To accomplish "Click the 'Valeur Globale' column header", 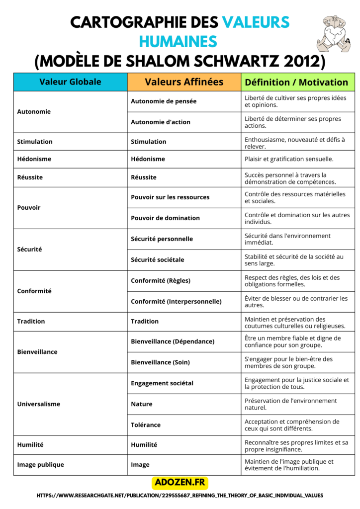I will (70, 82).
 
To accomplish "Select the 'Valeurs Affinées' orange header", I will (184, 82).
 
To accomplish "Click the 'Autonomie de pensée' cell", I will (164, 101).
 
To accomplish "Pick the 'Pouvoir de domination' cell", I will (165, 218).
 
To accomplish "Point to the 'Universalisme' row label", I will (39, 404).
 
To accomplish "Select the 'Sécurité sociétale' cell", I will (157, 260).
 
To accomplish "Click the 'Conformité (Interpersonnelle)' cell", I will (176, 302).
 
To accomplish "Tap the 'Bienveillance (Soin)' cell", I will (160, 362).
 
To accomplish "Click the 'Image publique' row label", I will (40, 465).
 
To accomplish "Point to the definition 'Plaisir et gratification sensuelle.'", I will (289, 159).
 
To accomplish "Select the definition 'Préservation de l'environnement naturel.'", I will (290, 404).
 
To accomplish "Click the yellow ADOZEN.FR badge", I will (180, 482).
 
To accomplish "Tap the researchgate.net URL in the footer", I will (180, 496).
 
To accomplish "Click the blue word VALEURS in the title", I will (256, 22).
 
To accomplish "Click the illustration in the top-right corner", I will (334, 33).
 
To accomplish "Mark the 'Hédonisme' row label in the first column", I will (34, 159).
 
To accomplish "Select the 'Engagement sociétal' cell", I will (162, 383).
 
